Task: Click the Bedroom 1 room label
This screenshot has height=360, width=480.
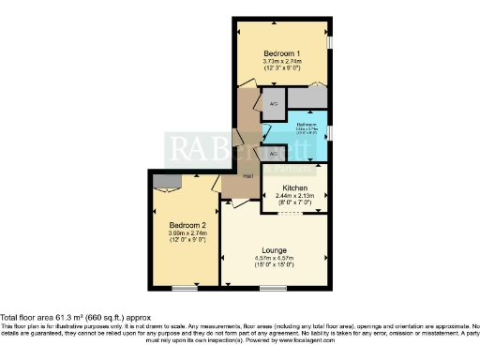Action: point(281,52)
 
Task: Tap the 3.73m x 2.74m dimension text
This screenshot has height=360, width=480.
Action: point(281,60)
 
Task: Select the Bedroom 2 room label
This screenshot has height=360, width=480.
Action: point(187,226)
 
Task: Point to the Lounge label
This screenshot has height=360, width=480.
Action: point(274,250)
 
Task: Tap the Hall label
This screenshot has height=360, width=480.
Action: point(248,176)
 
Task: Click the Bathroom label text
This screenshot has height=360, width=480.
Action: point(307,124)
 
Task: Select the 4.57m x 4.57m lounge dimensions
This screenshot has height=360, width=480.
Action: point(274,258)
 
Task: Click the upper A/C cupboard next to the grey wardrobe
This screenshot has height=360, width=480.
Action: point(273,104)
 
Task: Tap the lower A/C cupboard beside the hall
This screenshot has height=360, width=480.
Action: point(274,153)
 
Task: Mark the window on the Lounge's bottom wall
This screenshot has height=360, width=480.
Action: point(274,287)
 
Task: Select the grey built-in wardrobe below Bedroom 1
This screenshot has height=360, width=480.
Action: point(307,97)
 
